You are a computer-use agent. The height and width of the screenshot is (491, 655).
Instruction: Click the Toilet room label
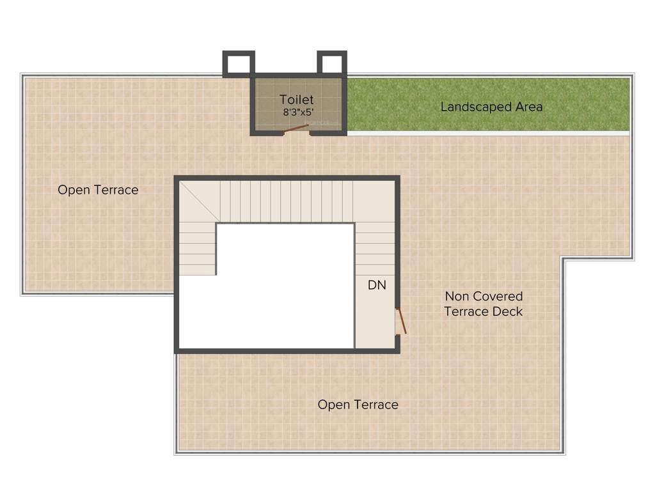tap(297, 100)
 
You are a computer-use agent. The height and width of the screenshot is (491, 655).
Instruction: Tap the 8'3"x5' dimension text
tap(298, 113)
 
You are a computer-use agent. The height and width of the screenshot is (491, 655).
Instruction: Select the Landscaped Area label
tap(491, 107)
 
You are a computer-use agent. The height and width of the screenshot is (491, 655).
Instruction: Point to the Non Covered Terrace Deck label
tap(484, 304)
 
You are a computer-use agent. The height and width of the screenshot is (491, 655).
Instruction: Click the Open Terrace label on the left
tap(98, 190)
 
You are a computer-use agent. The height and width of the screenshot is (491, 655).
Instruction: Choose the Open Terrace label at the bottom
tap(358, 405)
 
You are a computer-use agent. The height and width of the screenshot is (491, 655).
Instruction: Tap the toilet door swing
tap(296, 129)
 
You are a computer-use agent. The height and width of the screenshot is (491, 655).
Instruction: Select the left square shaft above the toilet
tap(239, 64)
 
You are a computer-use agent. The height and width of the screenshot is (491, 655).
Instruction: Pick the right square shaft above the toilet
tap(332, 64)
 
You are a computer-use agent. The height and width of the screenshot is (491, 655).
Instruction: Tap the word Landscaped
tap(470, 107)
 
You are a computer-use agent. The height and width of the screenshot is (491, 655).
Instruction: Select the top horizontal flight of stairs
tap(286, 201)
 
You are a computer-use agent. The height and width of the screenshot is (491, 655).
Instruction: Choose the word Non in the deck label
tap(457, 297)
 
